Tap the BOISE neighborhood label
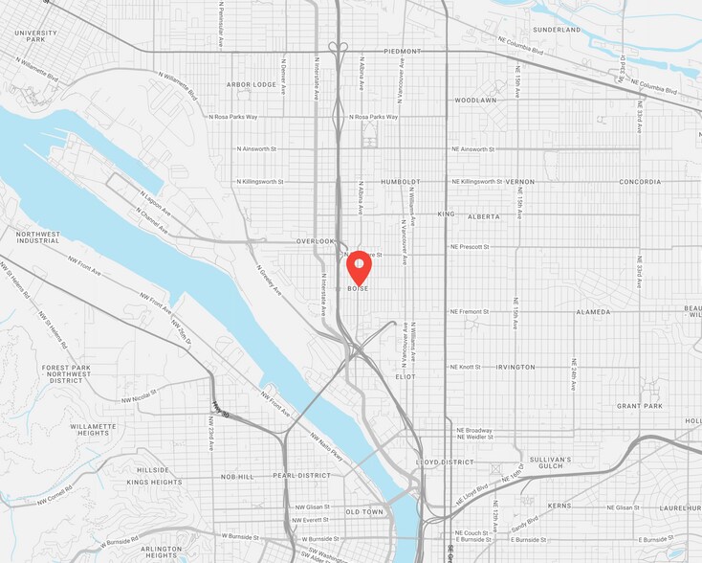click(x=358, y=288)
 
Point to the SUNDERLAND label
click(x=557, y=30)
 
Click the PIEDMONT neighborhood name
click(x=402, y=51)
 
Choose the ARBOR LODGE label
click(x=252, y=84)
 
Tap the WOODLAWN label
click(x=475, y=100)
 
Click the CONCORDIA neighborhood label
click(x=640, y=181)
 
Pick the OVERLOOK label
click(x=316, y=241)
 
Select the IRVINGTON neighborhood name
click(x=516, y=367)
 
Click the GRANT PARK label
click(x=640, y=406)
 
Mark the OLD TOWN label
click(x=364, y=512)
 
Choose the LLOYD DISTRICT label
click(x=445, y=462)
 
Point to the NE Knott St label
click(x=467, y=367)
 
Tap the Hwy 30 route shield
click(x=220, y=412)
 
